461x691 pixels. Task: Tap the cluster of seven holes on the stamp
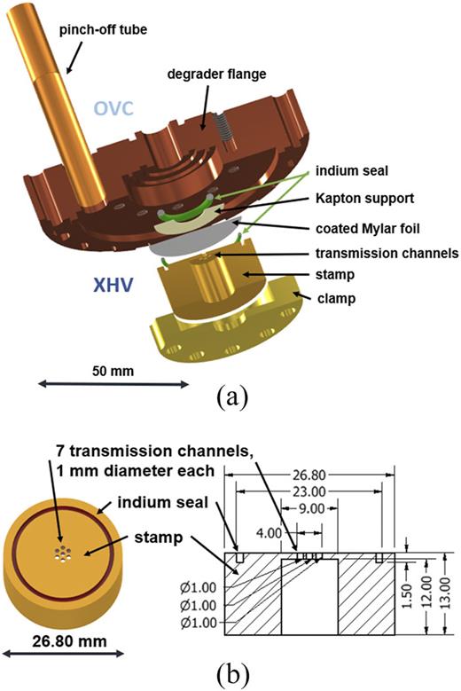click(61, 554)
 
